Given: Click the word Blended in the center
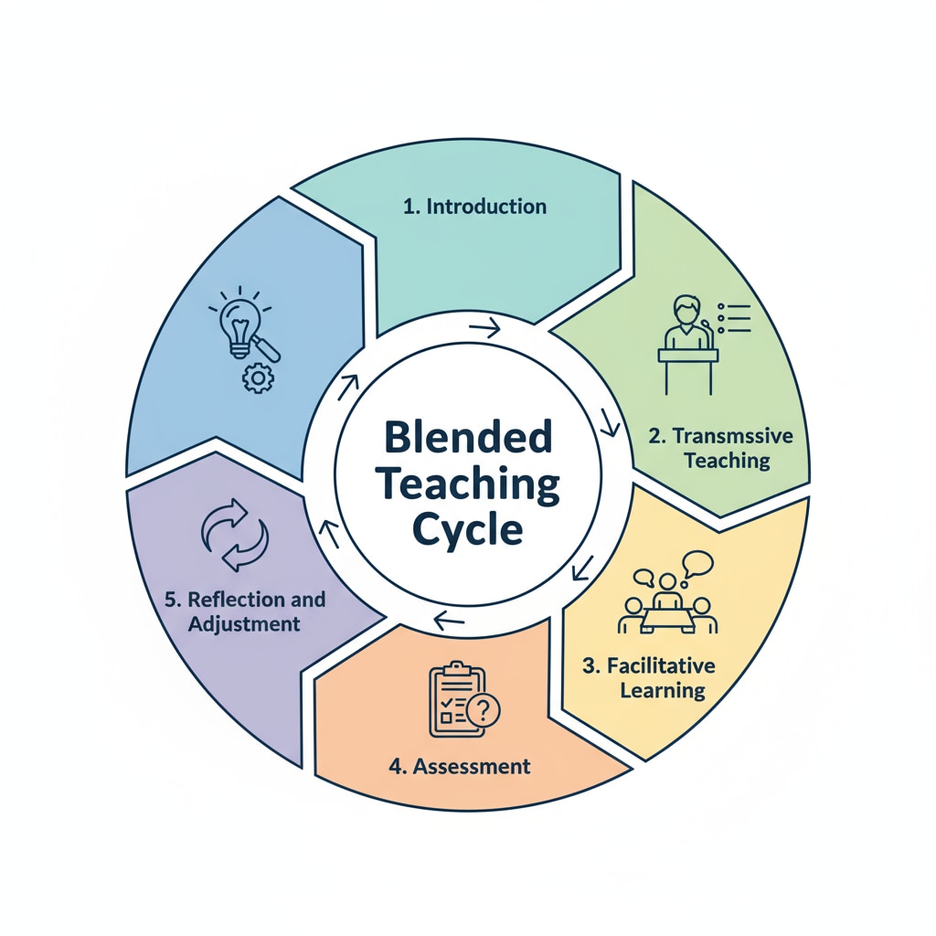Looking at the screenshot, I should (x=468, y=439).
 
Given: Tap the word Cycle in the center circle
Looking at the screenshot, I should (x=468, y=529).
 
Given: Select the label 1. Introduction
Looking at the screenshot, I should (x=474, y=207).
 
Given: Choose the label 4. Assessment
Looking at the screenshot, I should (x=459, y=765).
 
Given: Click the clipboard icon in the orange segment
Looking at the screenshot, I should (x=454, y=699).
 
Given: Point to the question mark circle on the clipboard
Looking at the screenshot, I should (x=483, y=709).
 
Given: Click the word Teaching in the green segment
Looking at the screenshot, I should (x=727, y=460).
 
